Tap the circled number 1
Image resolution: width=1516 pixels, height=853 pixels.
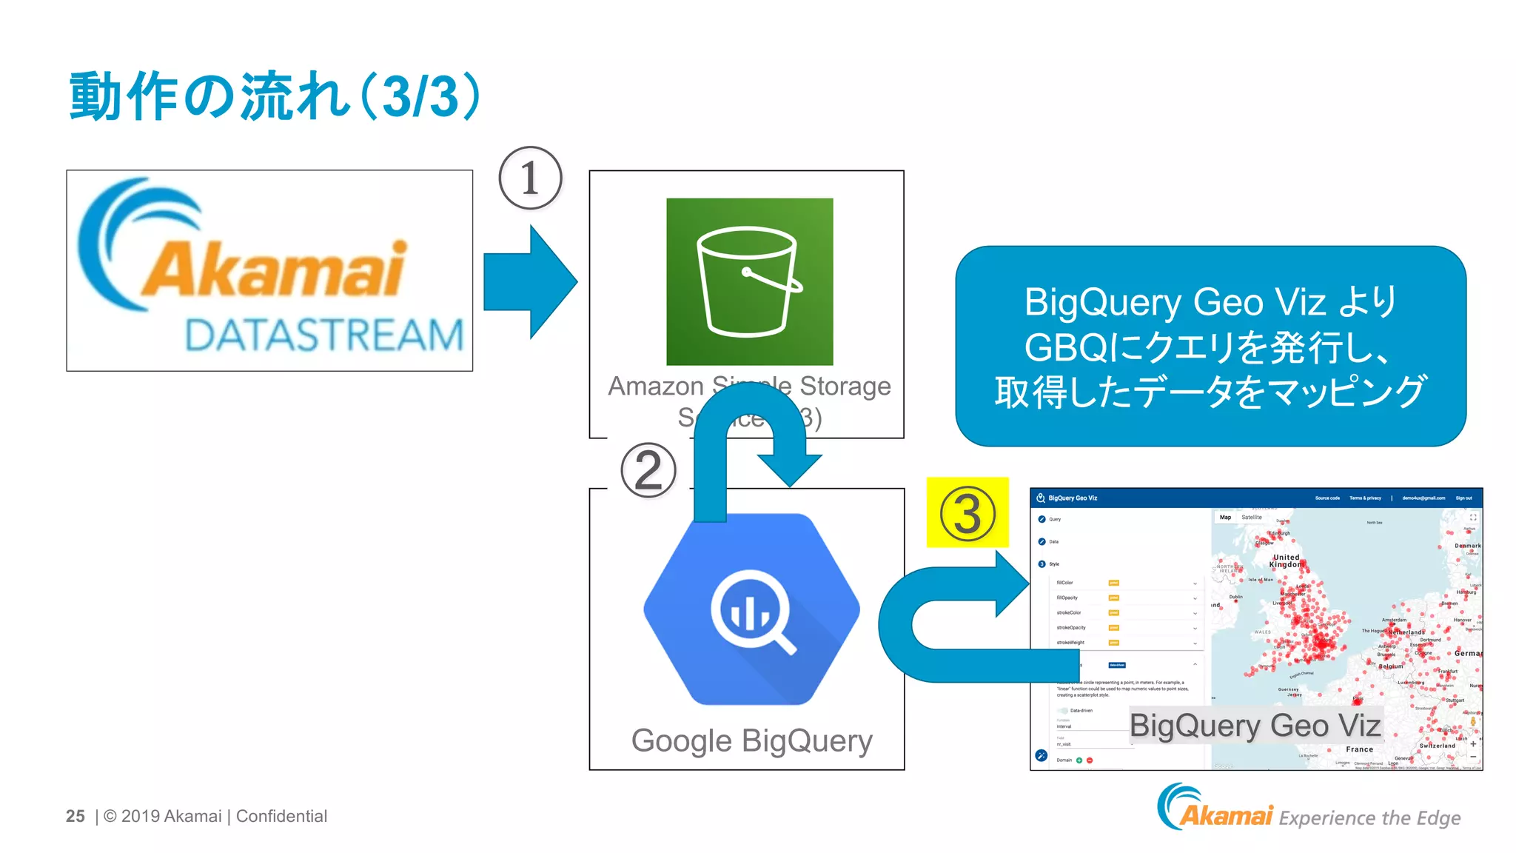point(530,178)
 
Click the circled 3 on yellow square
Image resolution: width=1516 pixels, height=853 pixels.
point(967,513)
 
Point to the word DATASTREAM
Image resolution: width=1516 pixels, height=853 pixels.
point(323,335)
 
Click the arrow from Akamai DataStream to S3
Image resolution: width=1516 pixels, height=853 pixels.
point(529,282)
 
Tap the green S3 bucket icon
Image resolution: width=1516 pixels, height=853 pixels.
point(749,281)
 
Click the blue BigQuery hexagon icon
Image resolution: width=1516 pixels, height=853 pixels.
point(751,609)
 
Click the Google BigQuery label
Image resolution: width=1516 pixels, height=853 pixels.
point(751,740)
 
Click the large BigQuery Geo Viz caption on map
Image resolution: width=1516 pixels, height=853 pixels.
point(1255,726)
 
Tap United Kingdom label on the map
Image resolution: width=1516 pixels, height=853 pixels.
point(1286,561)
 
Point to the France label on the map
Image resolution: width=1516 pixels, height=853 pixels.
point(1359,749)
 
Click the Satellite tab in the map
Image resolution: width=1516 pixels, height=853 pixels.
point(1252,518)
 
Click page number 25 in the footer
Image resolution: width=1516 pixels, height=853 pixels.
point(75,816)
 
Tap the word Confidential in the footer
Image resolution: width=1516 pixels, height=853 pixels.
point(281,816)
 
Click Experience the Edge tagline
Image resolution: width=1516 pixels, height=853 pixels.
point(1369,817)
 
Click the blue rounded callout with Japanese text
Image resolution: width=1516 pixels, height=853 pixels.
point(1210,346)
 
